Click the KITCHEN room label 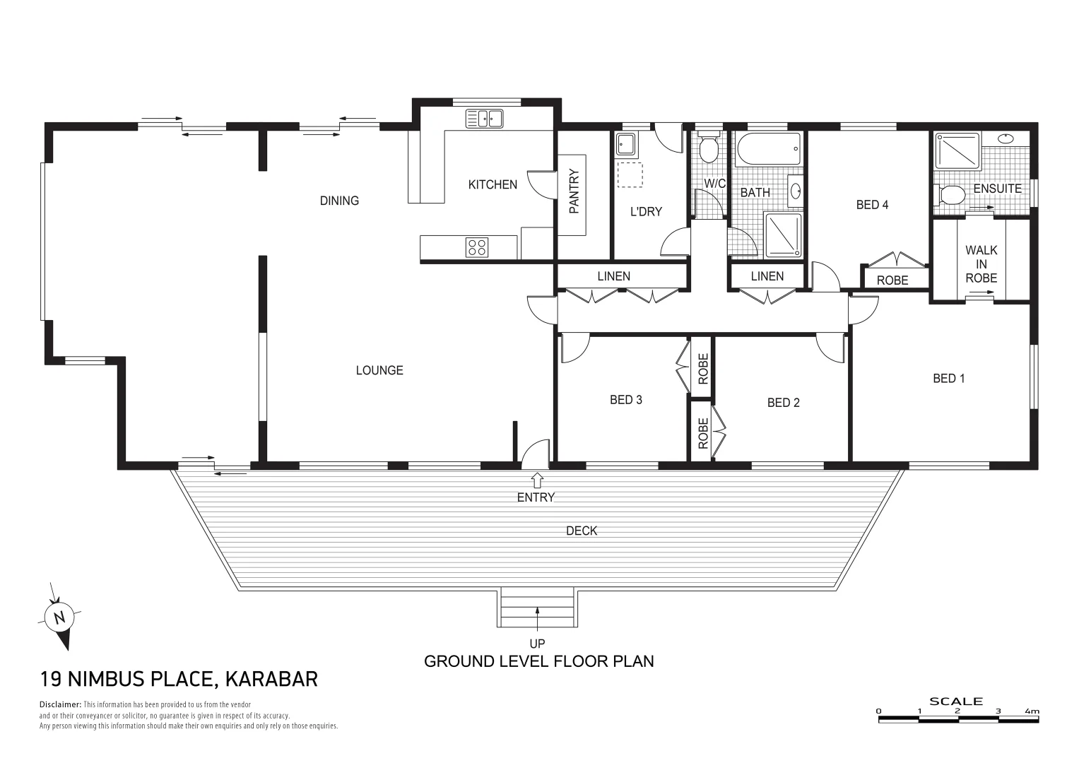[x=493, y=184]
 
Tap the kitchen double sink [x=484, y=119]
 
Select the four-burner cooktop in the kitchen [x=476, y=247]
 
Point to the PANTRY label [x=574, y=191]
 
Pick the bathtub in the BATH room [x=768, y=149]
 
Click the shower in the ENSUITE [x=957, y=151]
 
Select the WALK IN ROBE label [x=981, y=264]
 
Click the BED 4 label [x=872, y=205]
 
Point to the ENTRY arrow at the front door [x=536, y=480]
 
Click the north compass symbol [x=60, y=617]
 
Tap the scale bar [x=958, y=719]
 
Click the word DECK [x=582, y=531]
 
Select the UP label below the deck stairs [x=537, y=644]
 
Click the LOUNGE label [x=379, y=370]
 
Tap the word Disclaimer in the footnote [x=60, y=704]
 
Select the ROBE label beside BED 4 [x=892, y=280]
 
